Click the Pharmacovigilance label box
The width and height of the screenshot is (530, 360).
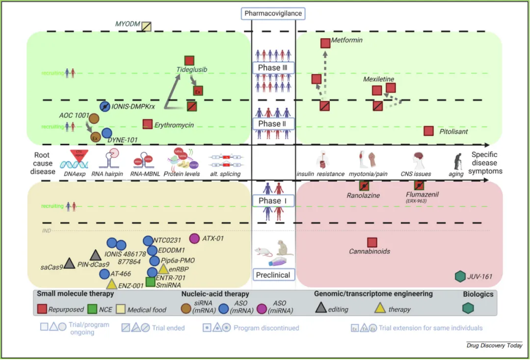point(273,13)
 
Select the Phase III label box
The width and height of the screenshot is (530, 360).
point(273,67)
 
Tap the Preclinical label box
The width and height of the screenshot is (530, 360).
point(273,275)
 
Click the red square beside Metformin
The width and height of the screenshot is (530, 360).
point(325,43)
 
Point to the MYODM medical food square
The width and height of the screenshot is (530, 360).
point(146,26)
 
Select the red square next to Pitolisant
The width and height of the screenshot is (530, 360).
point(428,131)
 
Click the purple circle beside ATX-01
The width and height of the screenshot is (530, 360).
point(194,238)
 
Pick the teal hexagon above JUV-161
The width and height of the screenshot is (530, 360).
point(460,277)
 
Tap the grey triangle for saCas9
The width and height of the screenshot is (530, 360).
point(69,263)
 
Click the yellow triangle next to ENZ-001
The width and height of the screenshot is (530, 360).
point(111,283)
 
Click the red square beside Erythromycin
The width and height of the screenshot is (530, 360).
point(147,125)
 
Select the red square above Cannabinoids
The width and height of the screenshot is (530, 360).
point(372,242)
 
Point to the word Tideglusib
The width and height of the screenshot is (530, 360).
point(191,70)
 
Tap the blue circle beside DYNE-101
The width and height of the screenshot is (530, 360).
point(106,132)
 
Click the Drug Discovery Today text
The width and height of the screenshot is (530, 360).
point(494,346)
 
